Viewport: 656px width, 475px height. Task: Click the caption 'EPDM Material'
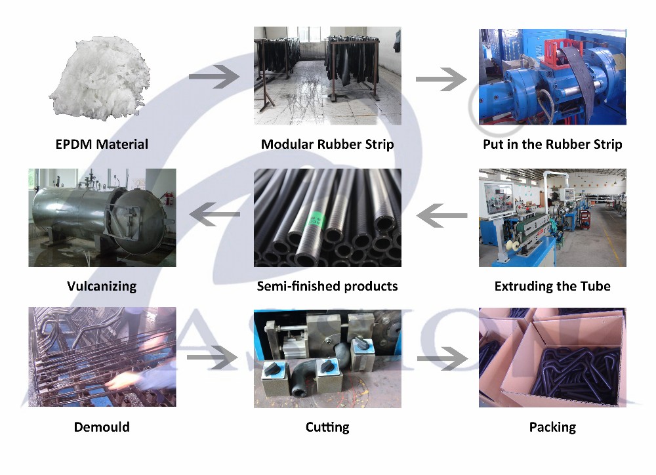(102, 144)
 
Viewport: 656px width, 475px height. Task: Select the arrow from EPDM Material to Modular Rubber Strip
(214, 77)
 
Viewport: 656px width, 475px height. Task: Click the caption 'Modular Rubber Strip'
(327, 144)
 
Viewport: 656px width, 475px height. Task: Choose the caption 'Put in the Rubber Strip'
(552, 144)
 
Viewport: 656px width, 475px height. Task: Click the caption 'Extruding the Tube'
(552, 286)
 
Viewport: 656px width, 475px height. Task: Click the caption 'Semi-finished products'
(327, 286)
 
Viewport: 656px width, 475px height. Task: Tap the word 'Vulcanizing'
(102, 286)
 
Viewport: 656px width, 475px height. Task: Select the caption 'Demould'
(102, 427)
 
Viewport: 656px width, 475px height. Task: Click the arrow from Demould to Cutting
(213, 358)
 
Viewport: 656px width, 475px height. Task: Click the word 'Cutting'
(327, 427)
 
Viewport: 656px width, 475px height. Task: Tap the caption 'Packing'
(552, 427)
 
